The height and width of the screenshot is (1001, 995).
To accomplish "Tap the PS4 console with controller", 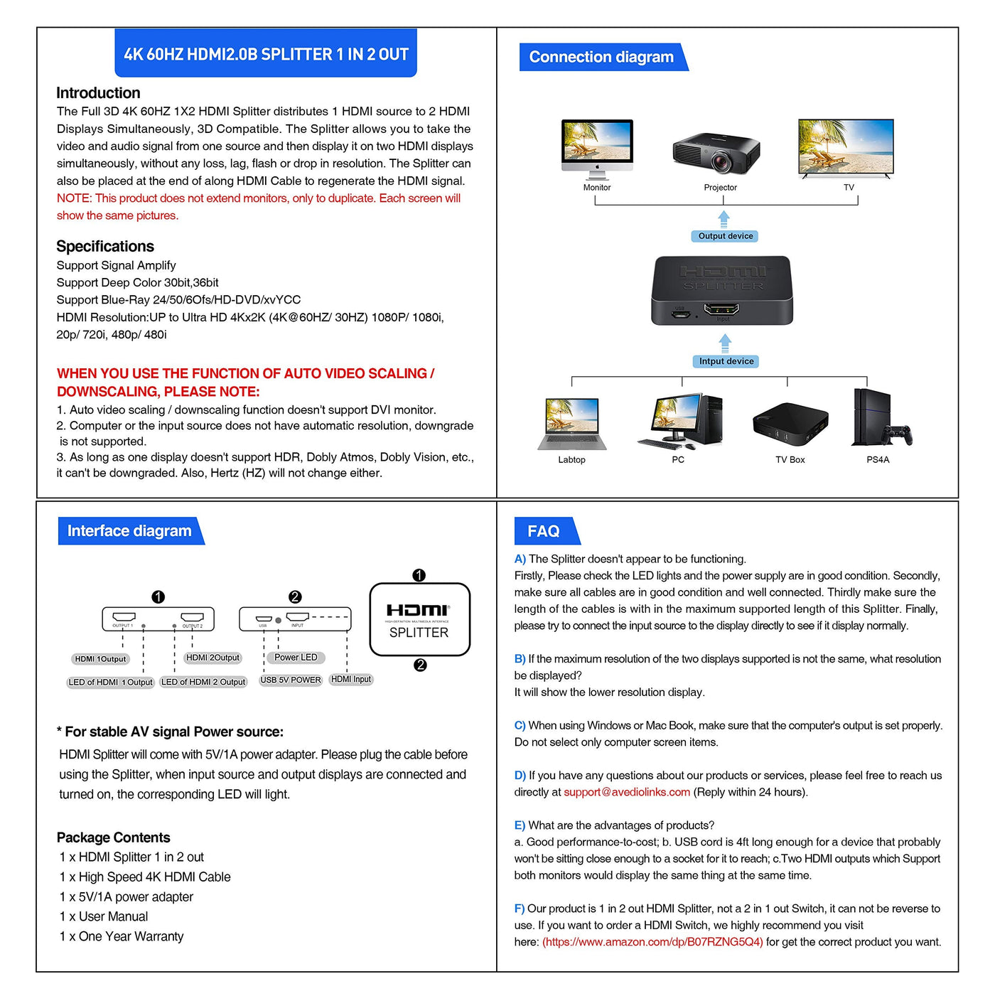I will click(x=880, y=419).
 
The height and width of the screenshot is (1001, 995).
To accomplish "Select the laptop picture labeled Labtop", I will click(x=572, y=424).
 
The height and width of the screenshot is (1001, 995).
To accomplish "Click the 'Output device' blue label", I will click(x=725, y=236).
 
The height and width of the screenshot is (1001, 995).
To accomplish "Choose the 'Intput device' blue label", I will click(x=726, y=361).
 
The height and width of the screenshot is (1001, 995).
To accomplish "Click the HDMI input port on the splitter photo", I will click(x=721, y=309).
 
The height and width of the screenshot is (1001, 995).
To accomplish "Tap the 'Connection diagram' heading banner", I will click(x=601, y=57).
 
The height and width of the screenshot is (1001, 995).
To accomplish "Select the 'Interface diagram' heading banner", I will click(x=129, y=531).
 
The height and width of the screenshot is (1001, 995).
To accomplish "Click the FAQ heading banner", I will click(x=544, y=531).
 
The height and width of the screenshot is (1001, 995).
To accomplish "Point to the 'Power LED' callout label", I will click(x=296, y=658).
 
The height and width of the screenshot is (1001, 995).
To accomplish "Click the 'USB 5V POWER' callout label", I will click(x=291, y=680).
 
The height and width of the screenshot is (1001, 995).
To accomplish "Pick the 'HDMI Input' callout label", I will click(x=351, y=680).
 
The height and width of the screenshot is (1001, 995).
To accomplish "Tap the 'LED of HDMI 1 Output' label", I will click(x=110, y=682).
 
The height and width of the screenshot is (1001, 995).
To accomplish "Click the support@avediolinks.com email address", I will click(x=627, y=792).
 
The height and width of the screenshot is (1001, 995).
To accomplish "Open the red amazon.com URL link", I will click(x=652, y=942).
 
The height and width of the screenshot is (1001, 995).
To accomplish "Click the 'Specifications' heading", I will click(x=105, y=247).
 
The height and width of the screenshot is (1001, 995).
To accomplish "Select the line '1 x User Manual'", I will click(x=104, y=916).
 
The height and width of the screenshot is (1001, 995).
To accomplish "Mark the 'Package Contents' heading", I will click(x=114, y=837).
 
